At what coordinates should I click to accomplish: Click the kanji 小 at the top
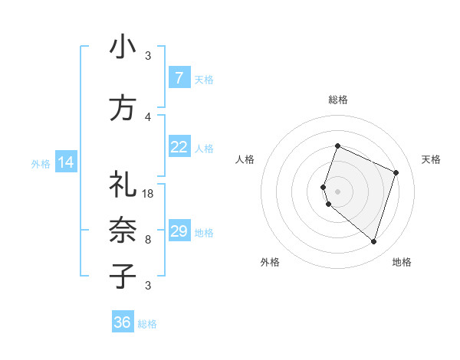point(123,48)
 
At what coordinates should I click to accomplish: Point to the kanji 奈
point(123,229)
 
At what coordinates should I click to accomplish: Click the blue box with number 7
point(179,78)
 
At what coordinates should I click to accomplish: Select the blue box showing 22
point(179,148)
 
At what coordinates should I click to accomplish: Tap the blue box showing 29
point(179,231)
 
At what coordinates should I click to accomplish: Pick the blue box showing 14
point(66,162)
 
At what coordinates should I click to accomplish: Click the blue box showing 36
point(123,322)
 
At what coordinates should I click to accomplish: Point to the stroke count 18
point(148,194)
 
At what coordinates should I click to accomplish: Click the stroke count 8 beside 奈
point(148,239)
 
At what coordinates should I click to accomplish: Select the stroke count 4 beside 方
point(148,116)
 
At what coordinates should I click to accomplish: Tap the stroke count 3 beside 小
point(148,55)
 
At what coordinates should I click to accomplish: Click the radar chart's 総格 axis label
point(337,100)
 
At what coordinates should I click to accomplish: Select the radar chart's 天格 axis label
point(431,159)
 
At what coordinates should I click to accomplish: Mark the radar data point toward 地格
point(373,241)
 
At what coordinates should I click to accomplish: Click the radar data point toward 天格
point(396,172)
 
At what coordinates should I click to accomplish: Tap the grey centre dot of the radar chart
point(337,191)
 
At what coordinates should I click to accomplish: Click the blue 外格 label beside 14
point(40,163)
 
